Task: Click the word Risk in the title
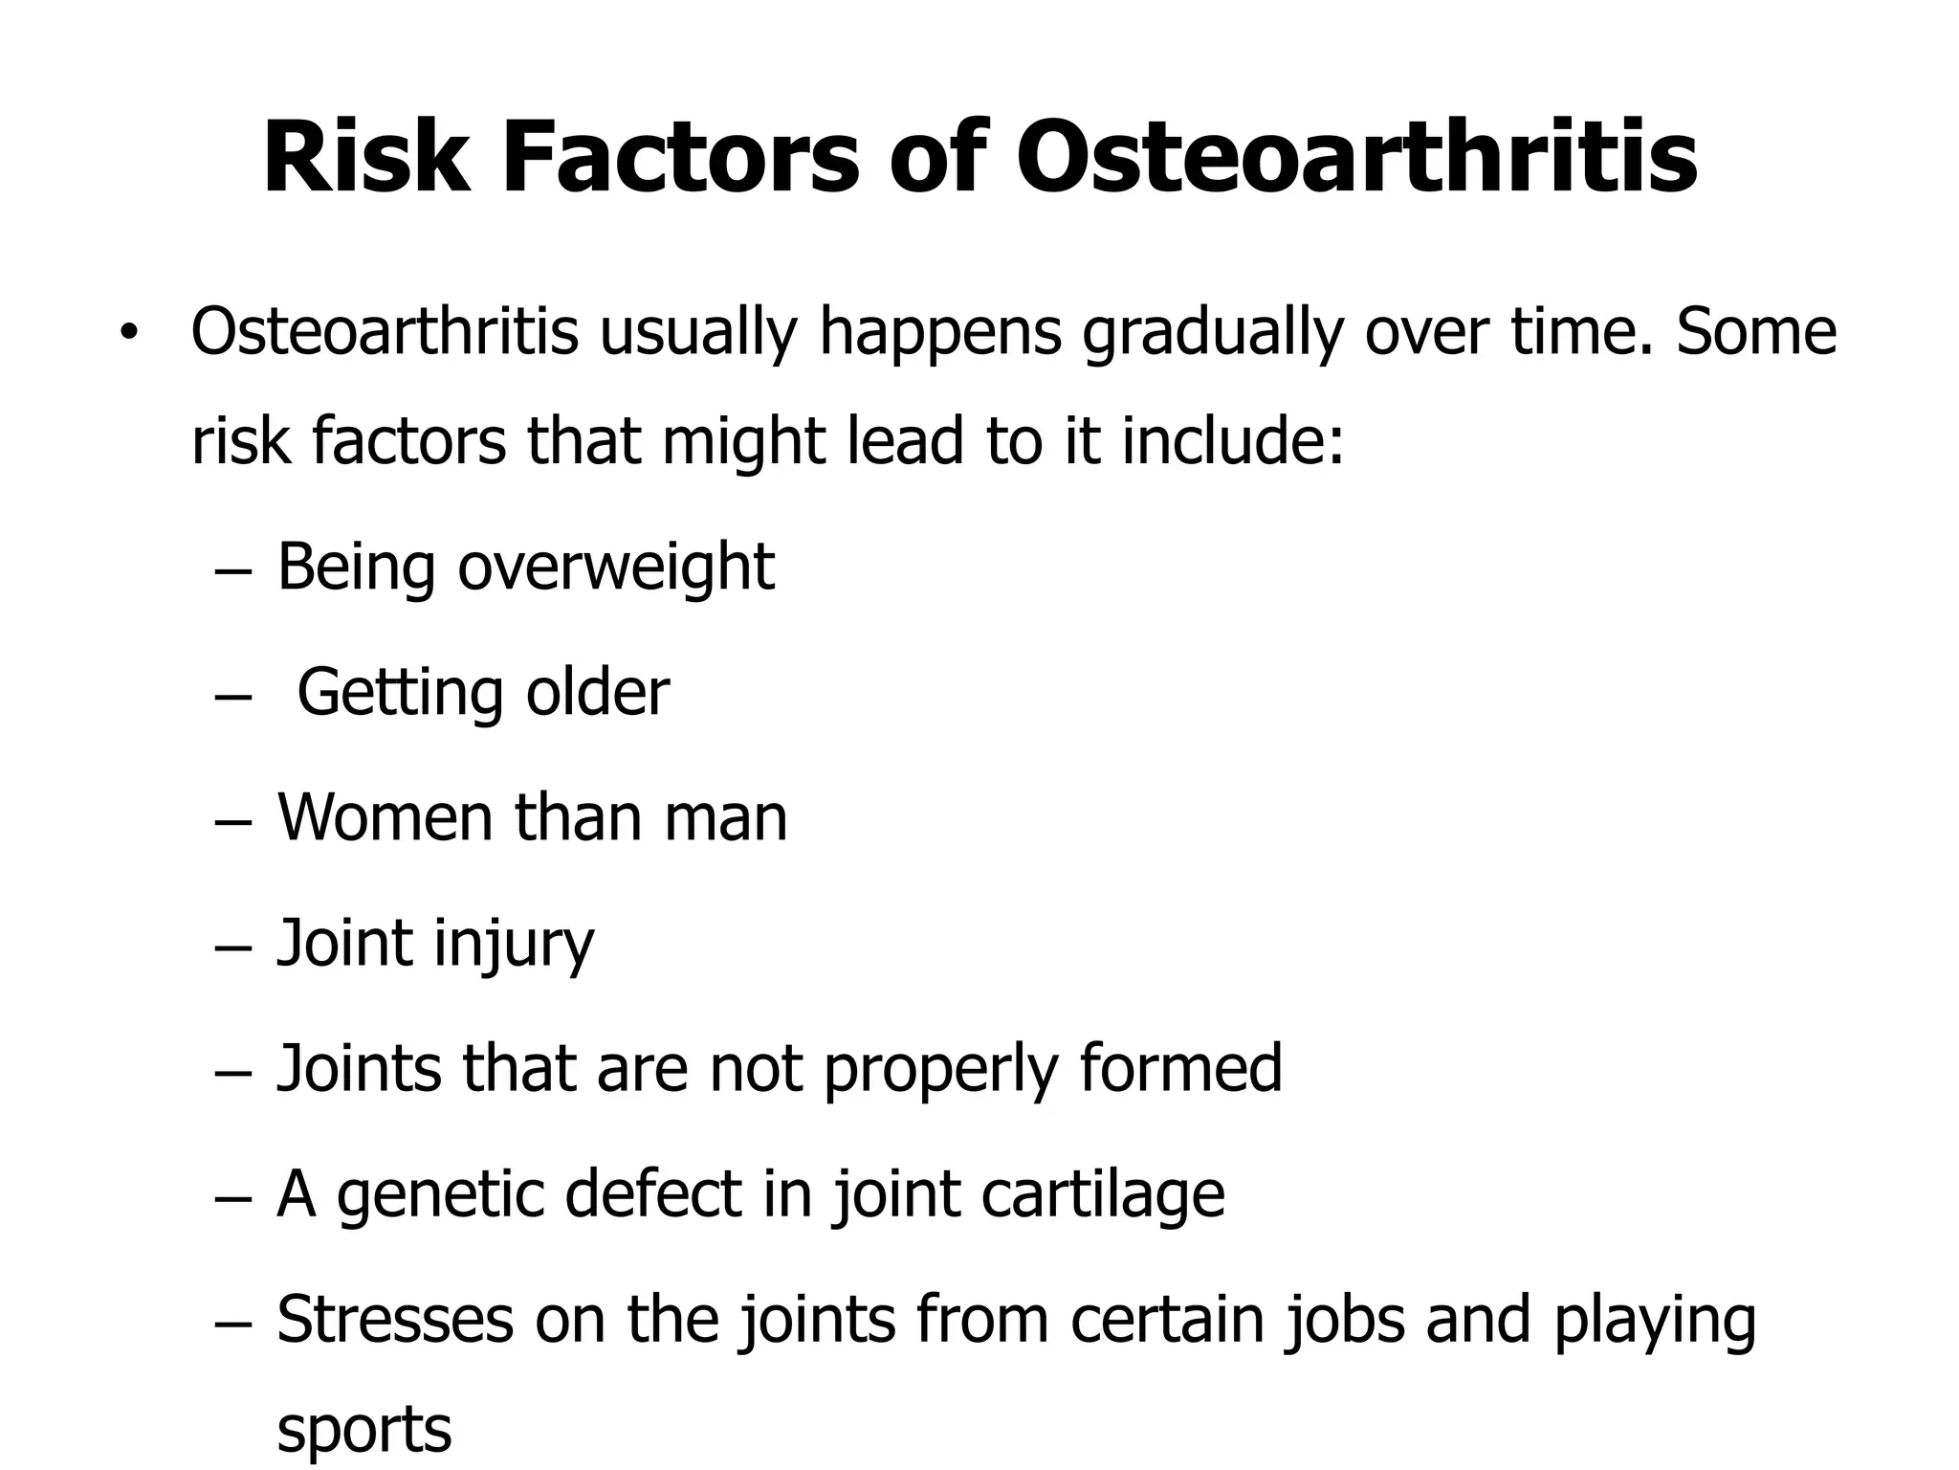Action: click(366, 158)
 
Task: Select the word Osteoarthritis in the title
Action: click(1356, 158)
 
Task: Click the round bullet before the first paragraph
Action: click(128, 334)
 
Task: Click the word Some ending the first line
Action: click(1756, 332)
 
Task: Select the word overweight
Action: click(616, 568)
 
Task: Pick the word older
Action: click(598, 692)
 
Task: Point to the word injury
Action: click(514, 946)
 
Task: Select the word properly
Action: click(940, 1071)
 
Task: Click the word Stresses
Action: click(394, 1320)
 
